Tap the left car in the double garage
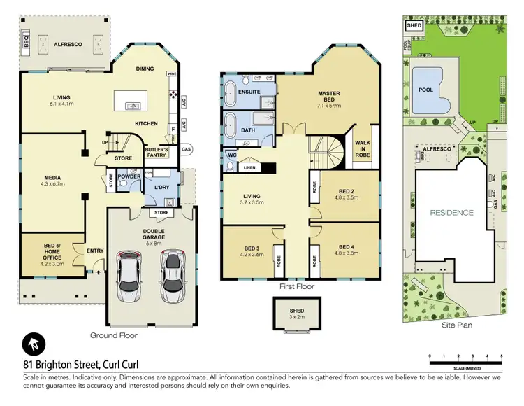tap(129, 274)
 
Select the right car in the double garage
tap(171, 274)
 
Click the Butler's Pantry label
tap(157, 152)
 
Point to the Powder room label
tap(129, 177)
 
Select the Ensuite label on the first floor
tap(249, 92)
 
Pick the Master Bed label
tap(329, 97)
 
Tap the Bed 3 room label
tap(252, 248)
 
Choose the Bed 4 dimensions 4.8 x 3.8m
tap(347, 254)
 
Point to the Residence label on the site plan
tap(451, 212)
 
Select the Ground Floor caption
tap(114, 335)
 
